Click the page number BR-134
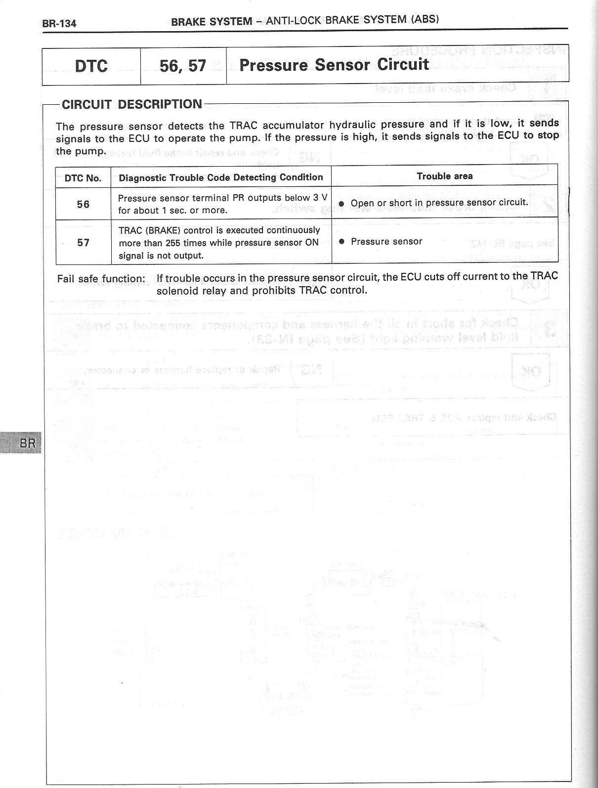(60, 23)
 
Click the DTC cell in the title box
(91, 66)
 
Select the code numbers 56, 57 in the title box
(183, 66)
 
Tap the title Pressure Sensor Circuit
(334, 65)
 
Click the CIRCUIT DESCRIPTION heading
(131, 104)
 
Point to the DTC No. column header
(83, 178)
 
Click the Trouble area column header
(444, 176)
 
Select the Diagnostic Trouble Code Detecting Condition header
(220, 177)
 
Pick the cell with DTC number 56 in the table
(83, 204)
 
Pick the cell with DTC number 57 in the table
(83, 242)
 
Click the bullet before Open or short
(342, 203)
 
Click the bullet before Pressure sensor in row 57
(342, 242)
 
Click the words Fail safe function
(101, 279)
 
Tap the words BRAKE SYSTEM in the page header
(212, 21)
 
